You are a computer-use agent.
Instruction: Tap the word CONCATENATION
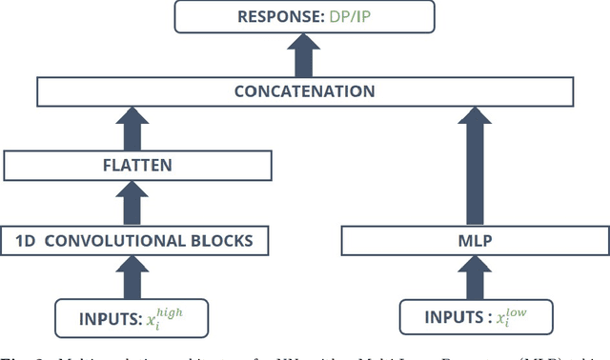pyautogui.click(x=305, y=92)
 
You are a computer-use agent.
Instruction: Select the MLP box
pyautogui.click(x=474, y=241)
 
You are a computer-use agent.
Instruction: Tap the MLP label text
pyautogui.click(x=474, y=241)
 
